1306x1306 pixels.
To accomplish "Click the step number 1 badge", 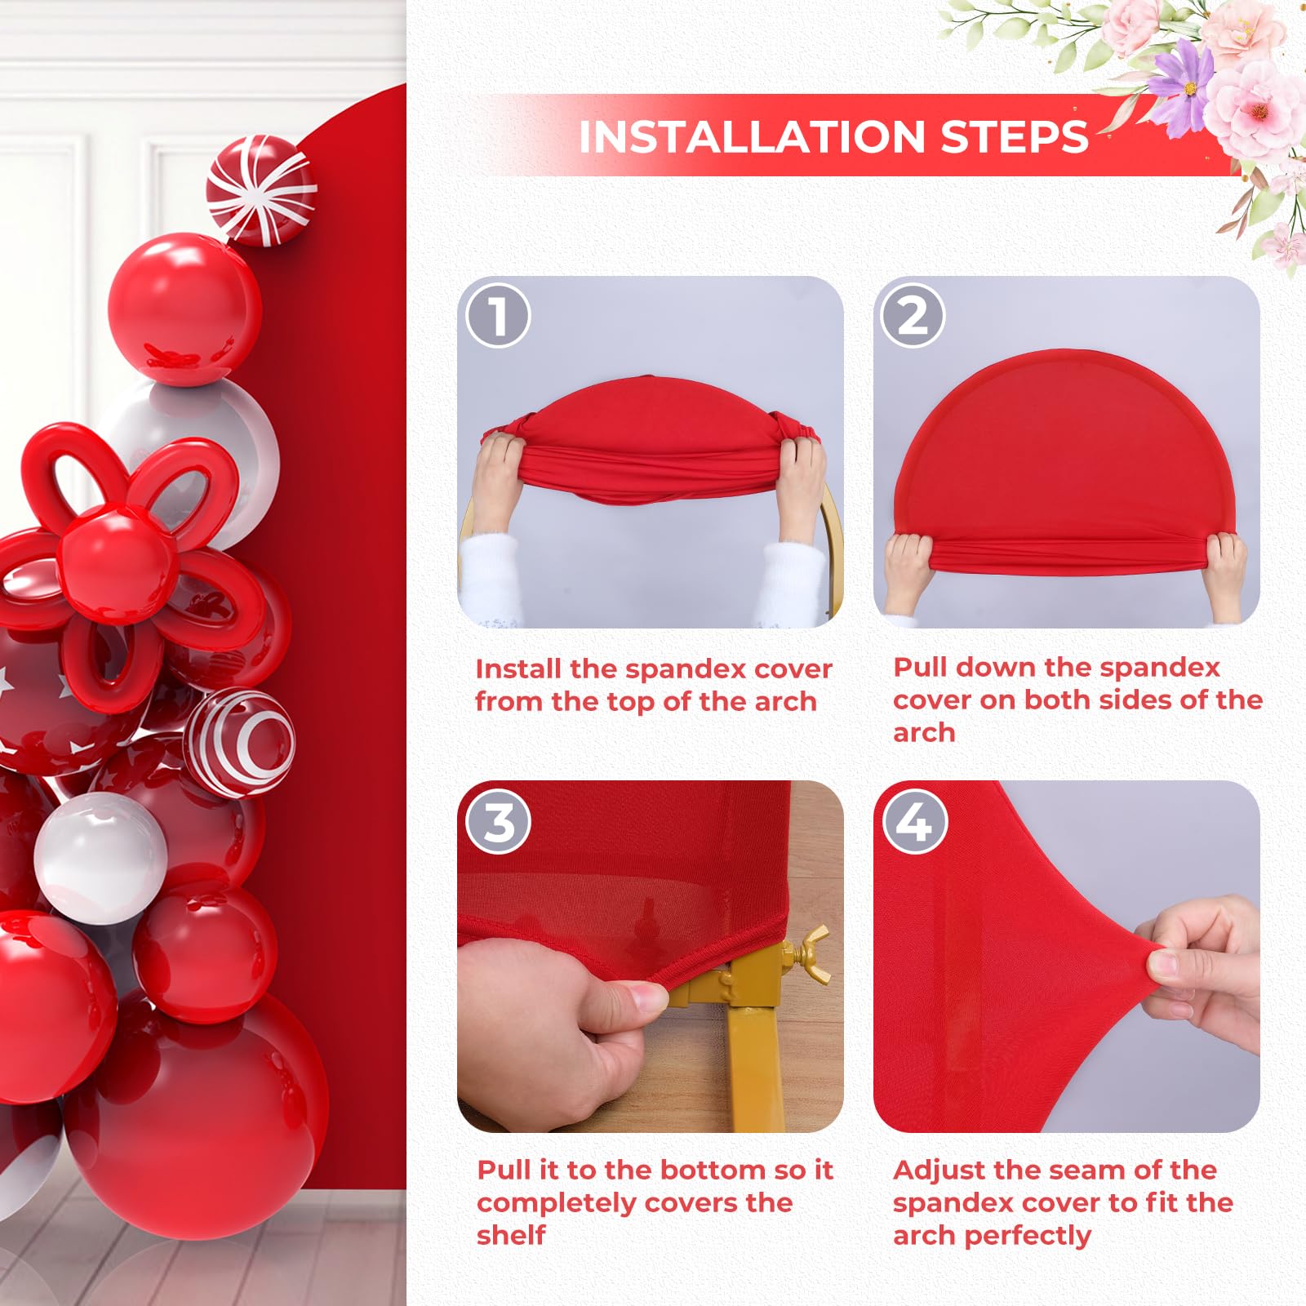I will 498,315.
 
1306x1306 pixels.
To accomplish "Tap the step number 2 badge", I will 913,315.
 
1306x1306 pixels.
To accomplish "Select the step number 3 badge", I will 498,821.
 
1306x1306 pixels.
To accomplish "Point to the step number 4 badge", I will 914,821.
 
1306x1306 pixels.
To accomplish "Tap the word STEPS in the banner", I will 1015,137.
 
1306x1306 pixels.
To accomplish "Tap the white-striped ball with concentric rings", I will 241,743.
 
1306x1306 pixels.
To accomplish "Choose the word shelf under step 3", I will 511,1235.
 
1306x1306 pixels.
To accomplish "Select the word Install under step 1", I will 519,669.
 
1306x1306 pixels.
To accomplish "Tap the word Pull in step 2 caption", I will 921,667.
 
